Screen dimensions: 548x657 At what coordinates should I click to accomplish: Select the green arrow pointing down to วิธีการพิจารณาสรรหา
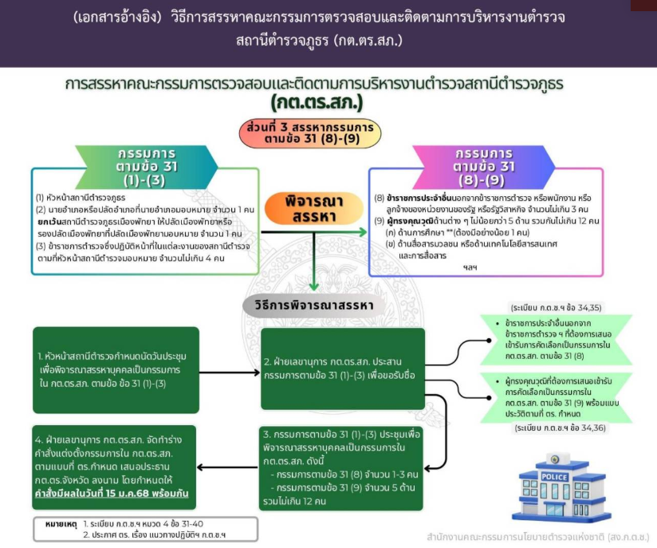click(316, 275)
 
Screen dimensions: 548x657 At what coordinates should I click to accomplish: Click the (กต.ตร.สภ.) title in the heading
click(316, 103)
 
